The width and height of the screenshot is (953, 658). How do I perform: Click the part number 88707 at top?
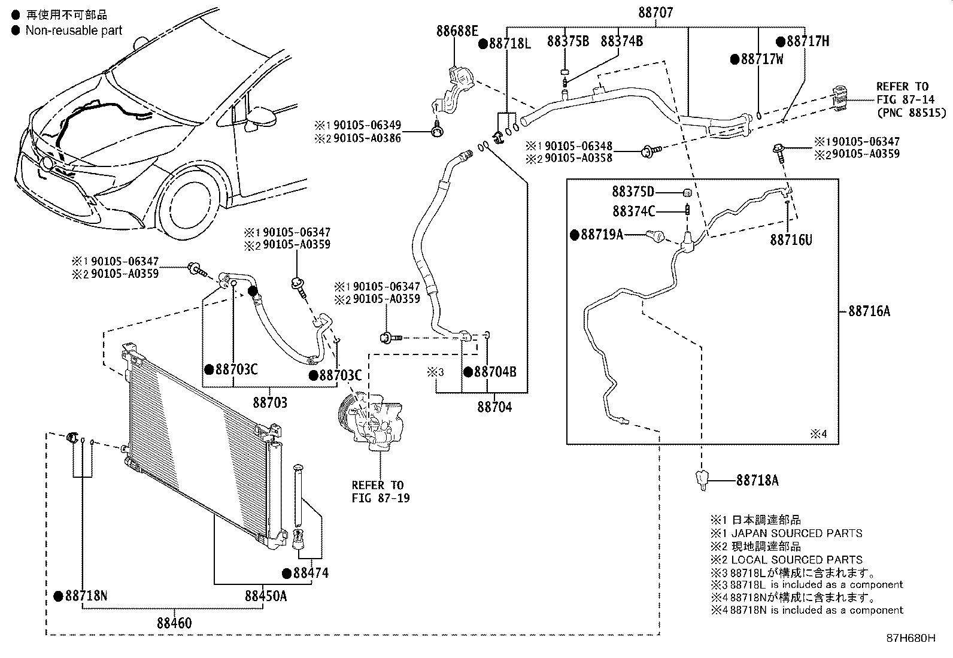coord(657,11)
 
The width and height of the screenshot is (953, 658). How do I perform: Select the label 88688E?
coord(457,32)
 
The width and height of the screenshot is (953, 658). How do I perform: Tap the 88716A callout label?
coord(869,311)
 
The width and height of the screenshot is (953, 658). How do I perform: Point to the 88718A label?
coord(757,480)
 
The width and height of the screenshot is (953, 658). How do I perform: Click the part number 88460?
coord(175,623)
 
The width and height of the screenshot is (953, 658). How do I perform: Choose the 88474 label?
coord(310,573)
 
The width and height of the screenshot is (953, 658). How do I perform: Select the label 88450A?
coord(265,596)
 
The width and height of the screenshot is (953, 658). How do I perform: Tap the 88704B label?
coord(494,372)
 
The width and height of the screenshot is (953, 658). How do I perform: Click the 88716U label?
coord(791,239)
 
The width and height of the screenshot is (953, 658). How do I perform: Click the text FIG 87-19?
coord(380,498)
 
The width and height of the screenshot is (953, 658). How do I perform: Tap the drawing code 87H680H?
coord(910,638)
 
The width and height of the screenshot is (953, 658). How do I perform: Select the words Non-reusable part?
coord(73,30)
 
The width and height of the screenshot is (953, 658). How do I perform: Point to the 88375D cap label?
coord(633,192)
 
